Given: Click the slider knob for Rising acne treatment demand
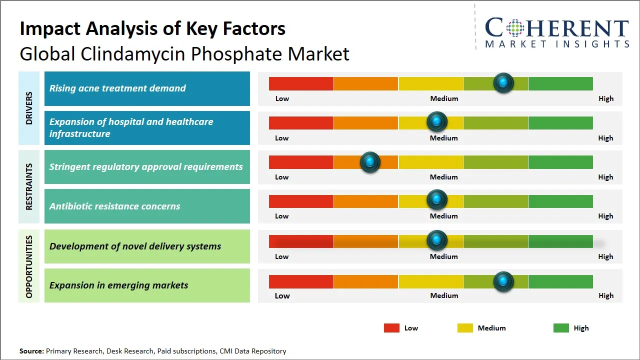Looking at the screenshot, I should pos(503,82).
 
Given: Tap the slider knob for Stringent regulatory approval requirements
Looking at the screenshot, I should pos(370,161).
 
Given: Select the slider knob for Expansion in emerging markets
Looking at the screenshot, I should pos(503,281).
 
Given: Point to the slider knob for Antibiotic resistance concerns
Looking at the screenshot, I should pos(437,200).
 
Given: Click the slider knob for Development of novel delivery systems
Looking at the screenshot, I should pos(437,240).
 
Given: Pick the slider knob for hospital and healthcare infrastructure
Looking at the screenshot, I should pos(437,121).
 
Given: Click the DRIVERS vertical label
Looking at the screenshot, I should pos(29,108).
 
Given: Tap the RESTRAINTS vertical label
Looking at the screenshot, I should pos(29,186).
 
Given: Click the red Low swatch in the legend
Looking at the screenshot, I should pos(391,328).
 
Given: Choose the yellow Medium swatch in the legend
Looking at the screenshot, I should pos(465,328).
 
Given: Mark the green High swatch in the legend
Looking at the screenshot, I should pos(561,328).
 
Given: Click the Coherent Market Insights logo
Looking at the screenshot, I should pos(556,32).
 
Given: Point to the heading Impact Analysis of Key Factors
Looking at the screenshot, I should pos(152,28).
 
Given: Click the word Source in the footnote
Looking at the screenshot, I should pos(31,351).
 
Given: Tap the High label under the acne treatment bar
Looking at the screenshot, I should pos(606,98).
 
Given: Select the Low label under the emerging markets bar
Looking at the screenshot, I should pos(282,295).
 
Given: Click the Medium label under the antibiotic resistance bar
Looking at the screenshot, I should pos(444,216).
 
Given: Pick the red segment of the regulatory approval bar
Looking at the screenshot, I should pos(301,161).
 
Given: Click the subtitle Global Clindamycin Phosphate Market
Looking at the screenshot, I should pos(184,53).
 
